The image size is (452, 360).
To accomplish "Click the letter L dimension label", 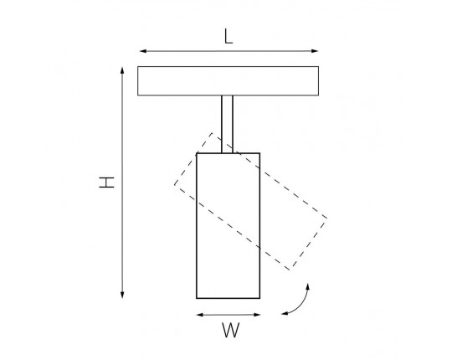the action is (x=229, y=37).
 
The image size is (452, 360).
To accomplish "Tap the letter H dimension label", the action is (x=106, y=183).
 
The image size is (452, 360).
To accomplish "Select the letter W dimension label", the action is (x=231, y=331).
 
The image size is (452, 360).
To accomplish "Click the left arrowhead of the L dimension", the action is (x=143, y=51).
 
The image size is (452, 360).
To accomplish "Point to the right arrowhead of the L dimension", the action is (x=315, y=51).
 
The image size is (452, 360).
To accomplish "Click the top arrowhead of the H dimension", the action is (x=122, y=71).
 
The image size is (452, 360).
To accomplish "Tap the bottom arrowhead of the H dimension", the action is (x=122, y=295).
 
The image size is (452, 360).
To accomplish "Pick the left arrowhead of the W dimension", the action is (x=200, y=315).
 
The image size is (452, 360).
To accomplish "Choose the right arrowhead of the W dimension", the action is (x=257, y=315).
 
